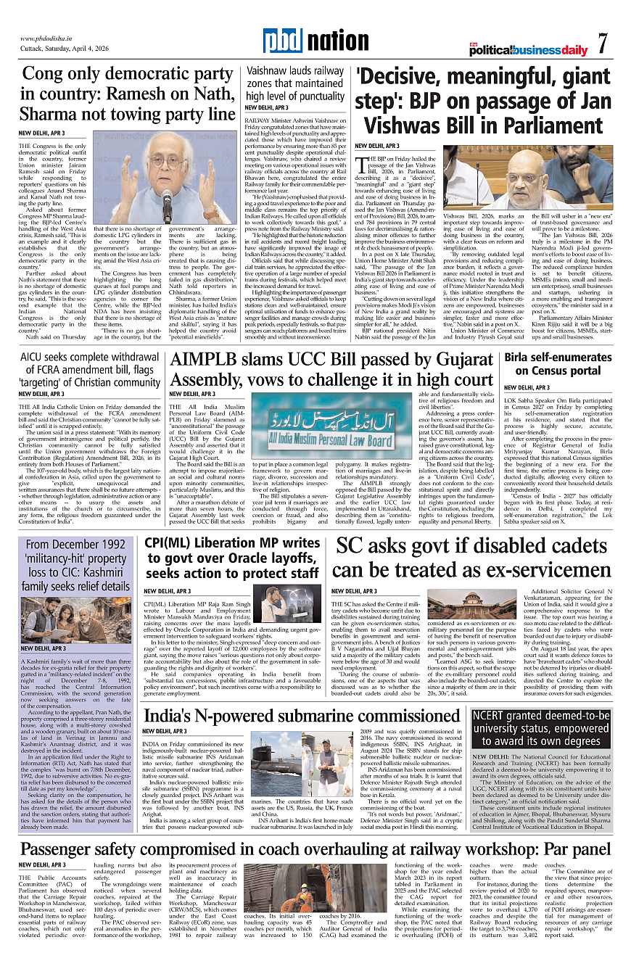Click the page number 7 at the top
[x=603, y=44]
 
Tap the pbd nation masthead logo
[x=315, y=41]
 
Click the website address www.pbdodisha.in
[x=48, y=38]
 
